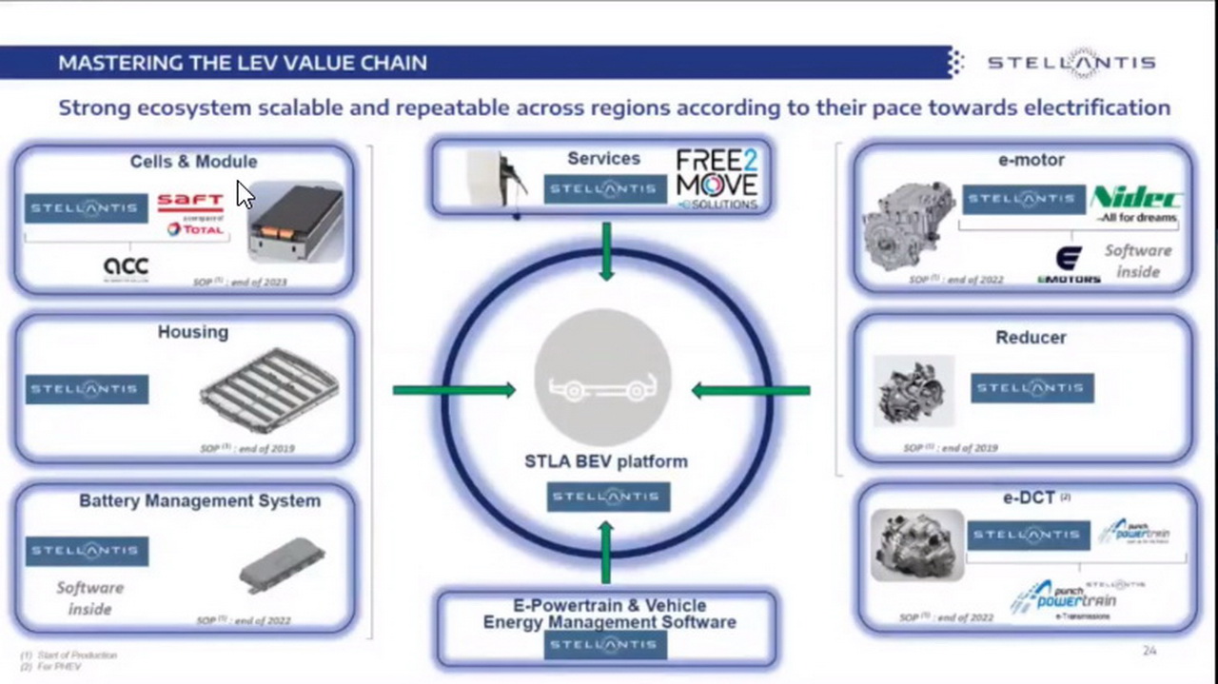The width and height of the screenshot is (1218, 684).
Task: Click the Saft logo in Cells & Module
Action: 190,202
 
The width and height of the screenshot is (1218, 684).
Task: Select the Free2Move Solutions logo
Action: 717,178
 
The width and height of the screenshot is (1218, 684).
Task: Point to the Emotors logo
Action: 1069,265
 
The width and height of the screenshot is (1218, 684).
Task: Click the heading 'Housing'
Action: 193,332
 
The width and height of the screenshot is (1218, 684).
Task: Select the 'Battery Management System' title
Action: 200,500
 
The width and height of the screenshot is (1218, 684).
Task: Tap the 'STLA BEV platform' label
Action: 606,461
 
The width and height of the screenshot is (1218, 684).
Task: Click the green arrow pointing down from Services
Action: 606,251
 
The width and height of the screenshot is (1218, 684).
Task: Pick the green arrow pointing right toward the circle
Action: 454,390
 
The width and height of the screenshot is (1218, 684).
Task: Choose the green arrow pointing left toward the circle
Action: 751,390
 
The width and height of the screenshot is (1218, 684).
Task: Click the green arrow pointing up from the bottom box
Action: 606,552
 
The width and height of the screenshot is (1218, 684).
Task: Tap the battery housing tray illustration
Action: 269,390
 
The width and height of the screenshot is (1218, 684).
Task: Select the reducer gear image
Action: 913,391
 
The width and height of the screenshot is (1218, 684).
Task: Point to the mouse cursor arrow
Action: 245,194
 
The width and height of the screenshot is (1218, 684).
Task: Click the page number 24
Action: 1149,651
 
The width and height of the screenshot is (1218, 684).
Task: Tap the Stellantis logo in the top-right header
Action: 1071,63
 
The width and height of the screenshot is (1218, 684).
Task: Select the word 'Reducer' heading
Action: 1031,338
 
